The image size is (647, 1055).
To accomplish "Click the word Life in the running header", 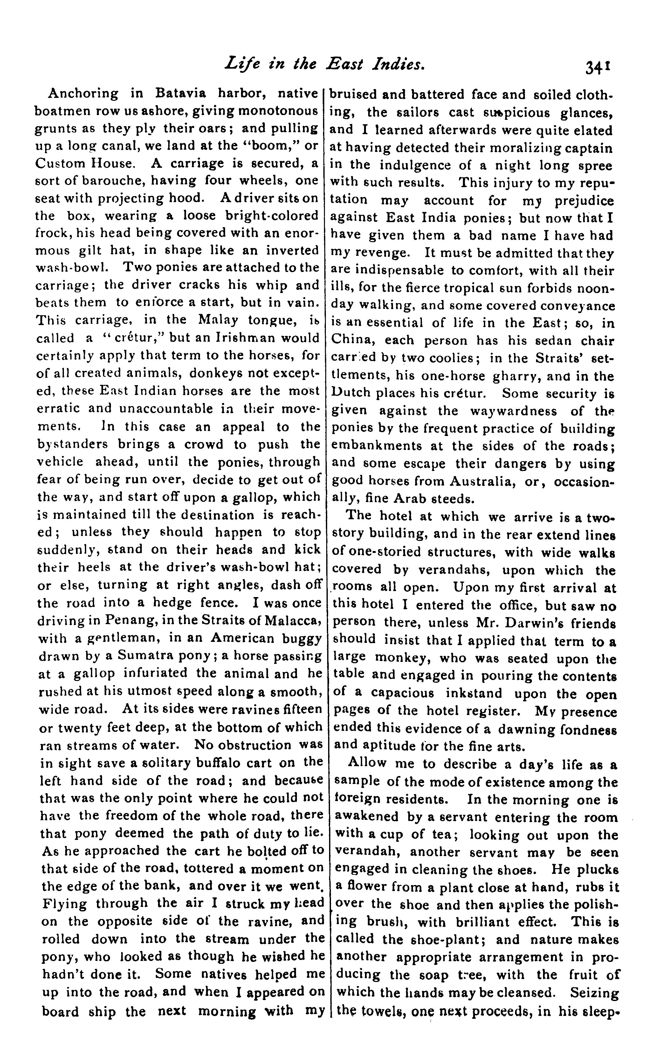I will point(240,64).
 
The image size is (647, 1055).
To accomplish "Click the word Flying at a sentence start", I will point(65,903).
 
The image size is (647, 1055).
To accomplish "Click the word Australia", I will point(482,482).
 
